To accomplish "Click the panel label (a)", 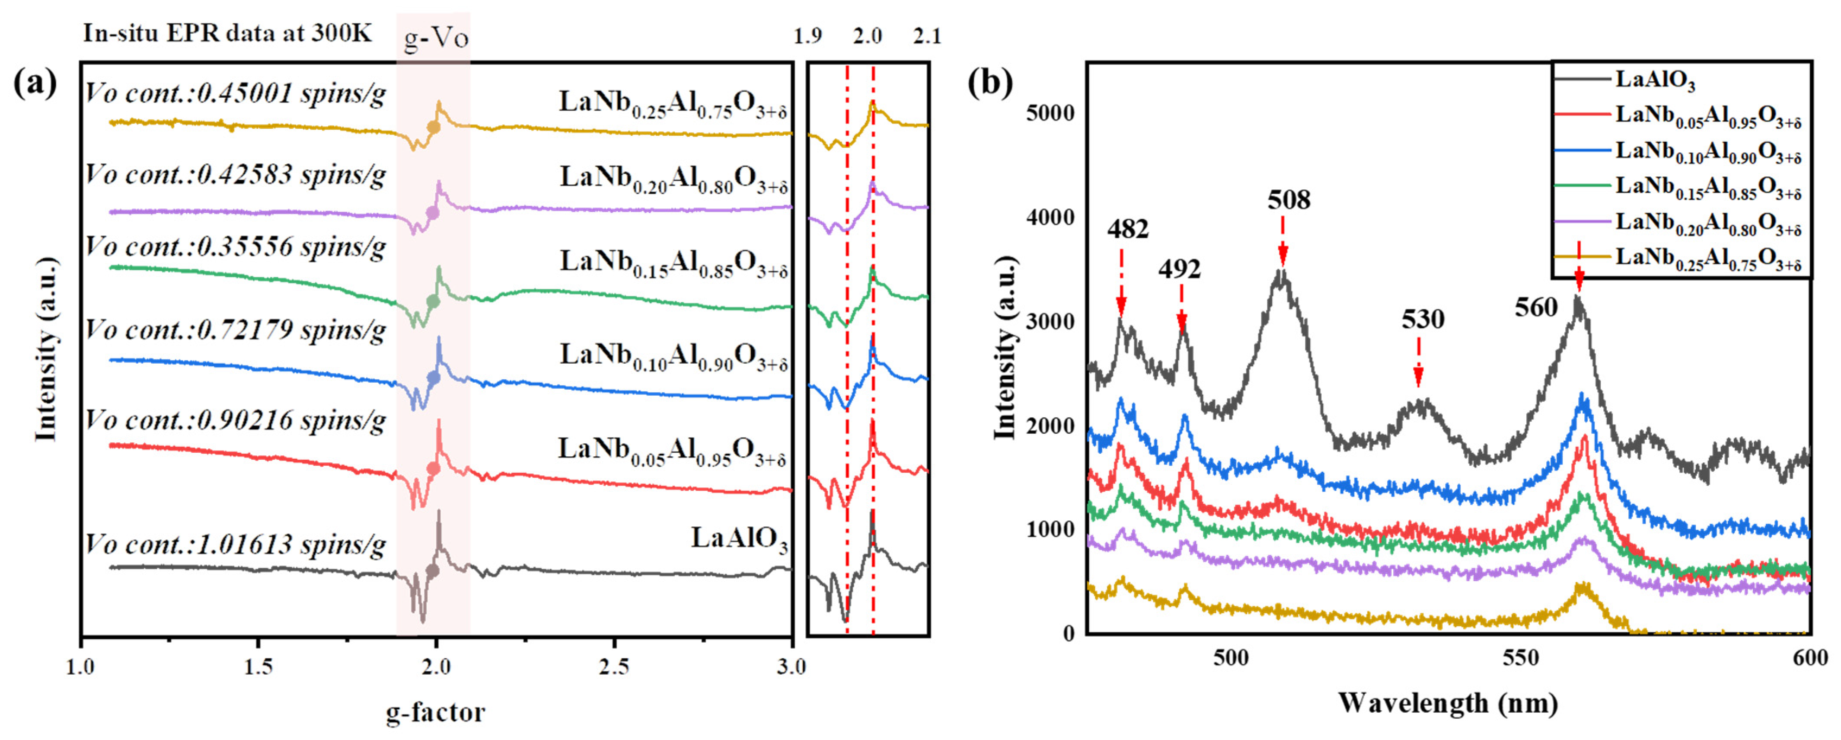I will coord(34,83).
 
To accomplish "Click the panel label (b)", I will coord(990,83).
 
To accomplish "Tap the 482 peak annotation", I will coord(1128,229).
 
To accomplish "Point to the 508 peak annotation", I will coord(1289,199).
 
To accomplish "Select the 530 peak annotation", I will coord(1422,319).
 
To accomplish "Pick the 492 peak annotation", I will coord(1179,269).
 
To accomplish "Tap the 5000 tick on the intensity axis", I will coord(1050,113).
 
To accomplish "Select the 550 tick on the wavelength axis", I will coord(1520,658).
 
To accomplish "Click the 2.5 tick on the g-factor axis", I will coord(614,667).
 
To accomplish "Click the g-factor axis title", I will coord(435,712).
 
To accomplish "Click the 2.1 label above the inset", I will coord(927,36).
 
